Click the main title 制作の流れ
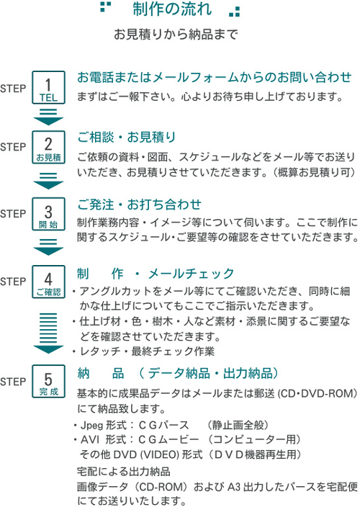click(x=172, y=9)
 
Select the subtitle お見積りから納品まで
click(x=176, y=35)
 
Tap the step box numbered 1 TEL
click(x=48, y=88)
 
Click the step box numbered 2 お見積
click(x=48, y=147)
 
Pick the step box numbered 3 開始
click(x=48, y=214)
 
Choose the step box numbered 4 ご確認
click(x=48, y=282)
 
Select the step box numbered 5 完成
click(x=48, y=381)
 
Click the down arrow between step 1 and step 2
click(x=48, y=117)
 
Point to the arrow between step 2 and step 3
click(x=48, y=181)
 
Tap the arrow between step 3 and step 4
click(x=48, y=247)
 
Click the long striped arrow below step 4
click(x=48, y=333)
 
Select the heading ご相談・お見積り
click(x=126, y=137)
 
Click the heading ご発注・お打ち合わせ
click(x=139, y=205)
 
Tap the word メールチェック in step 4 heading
click(x=191, y=274)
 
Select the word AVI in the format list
click(x=90, y=440)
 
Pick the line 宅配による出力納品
click(x=123, y=472)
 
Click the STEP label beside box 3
click(x=13, y=214)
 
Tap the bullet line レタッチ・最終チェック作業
click(x=143, y=351)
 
